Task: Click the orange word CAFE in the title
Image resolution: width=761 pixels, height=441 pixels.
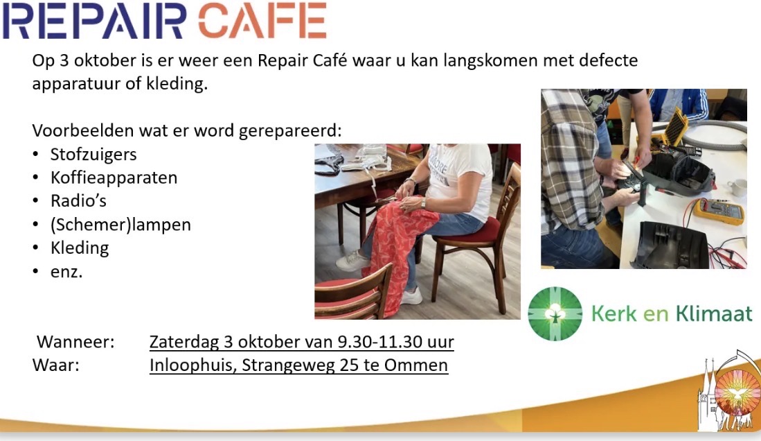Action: click(x=262, y=20)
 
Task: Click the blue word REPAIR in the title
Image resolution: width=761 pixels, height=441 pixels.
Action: click(x=95, y=20)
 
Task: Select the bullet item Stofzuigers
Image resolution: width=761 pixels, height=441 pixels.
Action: click(x=93, y=155)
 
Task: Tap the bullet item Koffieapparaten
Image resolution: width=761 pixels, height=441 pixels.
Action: click(x=114, y=178)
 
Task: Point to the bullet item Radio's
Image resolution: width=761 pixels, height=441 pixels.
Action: click(x=78, y=201)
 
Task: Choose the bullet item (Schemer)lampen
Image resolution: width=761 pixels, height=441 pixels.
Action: click(x=120, y=225)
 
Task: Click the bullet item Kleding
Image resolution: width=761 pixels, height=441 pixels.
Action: click(x=80, y=248)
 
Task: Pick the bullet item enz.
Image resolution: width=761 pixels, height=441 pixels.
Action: click(x=66, y=272)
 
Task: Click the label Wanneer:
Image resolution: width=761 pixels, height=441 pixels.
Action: click(x=75, y=342)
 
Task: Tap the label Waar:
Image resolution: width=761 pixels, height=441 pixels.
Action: click(x=56, y=365)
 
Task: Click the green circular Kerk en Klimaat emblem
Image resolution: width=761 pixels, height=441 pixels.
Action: click(x=555, y=313)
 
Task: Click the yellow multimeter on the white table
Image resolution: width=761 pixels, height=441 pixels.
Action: click(x=719, y=211)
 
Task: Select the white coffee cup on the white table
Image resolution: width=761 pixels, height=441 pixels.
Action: click(x=737, y=187)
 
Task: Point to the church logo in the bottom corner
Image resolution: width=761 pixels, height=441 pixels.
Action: click(x=728, y=391)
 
